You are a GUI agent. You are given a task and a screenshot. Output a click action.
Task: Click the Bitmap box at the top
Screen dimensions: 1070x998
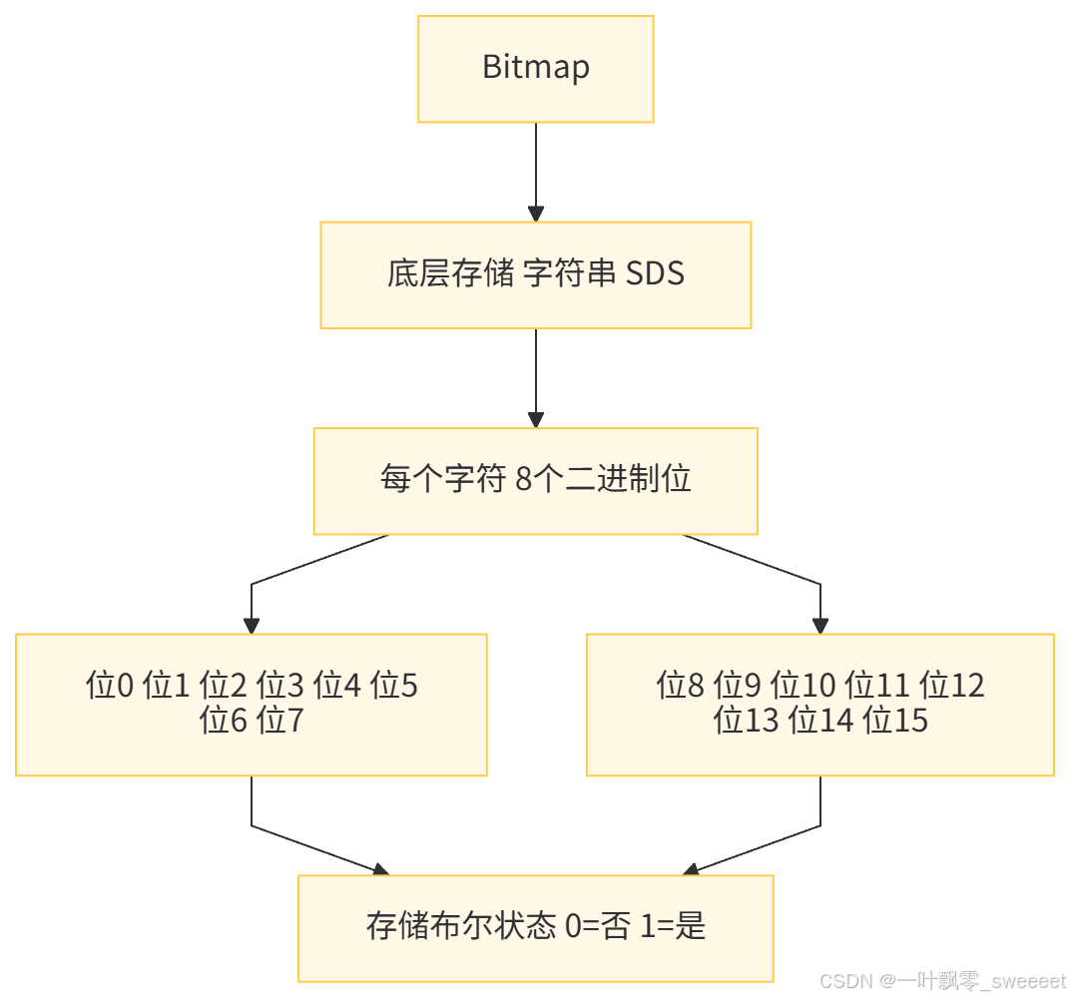[x=535, y=69]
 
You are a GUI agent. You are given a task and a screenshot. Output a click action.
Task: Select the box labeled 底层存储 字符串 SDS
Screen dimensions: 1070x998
[x=535, y=274]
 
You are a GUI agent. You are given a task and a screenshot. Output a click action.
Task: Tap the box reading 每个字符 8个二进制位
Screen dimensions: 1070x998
[x=535, y=480]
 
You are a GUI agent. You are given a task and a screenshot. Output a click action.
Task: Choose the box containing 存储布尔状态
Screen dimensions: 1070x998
[x=535, y=927]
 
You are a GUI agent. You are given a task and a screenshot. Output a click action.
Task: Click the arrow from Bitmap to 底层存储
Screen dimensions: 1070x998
[x=536, y=170]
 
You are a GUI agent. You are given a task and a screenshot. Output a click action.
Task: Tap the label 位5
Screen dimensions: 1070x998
[x=394, y=687]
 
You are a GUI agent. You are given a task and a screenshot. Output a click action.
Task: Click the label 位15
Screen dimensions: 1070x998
[x=895, y=720]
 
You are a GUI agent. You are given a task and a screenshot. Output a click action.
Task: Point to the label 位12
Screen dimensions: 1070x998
[x=952, y=687]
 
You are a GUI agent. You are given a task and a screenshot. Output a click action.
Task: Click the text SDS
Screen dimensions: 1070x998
[x=655, y=274]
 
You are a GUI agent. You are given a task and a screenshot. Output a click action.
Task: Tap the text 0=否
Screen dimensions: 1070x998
[x=597, y=927]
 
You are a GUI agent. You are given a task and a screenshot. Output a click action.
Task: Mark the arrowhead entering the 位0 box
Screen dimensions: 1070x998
[x=252, y=626]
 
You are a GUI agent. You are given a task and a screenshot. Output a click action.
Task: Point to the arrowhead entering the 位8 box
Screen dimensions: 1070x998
[x=820, y=626]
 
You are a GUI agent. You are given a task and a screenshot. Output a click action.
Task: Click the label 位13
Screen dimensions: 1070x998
[x=746, y=720]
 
